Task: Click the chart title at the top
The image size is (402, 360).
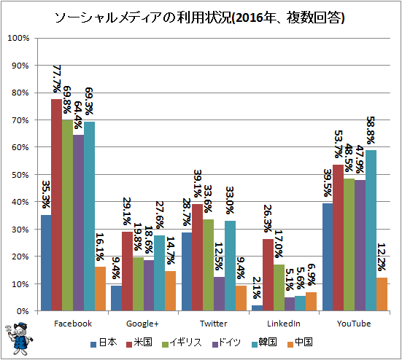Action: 199,17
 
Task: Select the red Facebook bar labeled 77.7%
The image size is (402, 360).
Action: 56,205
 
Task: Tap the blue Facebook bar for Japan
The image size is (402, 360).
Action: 46,263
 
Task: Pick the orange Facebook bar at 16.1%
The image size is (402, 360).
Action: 100,289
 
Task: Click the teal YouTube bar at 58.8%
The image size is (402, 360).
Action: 371,230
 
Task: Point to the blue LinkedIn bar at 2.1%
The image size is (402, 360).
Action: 257,308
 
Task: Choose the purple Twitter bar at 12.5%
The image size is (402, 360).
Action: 219,294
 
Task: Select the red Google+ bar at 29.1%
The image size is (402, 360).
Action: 127,271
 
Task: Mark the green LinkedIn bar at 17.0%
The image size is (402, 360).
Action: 279,288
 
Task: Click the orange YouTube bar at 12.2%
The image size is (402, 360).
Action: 382,294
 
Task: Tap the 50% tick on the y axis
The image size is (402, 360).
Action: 20,175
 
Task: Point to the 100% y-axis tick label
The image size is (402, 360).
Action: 18,38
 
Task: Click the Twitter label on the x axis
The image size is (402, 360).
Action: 214,324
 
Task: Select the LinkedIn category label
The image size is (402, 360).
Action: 284,324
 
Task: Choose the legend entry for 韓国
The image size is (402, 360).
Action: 264,343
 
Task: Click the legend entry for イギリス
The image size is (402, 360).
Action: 182,343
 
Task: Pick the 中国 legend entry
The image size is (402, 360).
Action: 300,343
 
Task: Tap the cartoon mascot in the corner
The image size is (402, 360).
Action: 19,338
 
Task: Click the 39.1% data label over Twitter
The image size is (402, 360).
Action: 198,184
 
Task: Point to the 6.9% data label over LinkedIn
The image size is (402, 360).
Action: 311,275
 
